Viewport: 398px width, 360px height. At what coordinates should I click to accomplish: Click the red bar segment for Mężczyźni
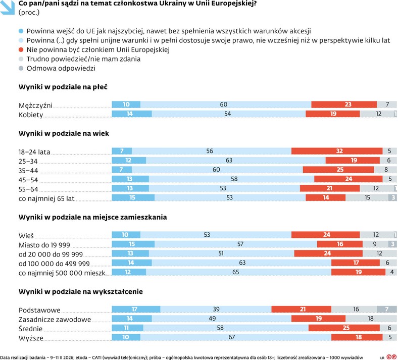tap(344, 105)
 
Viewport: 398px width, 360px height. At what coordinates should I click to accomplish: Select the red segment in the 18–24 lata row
tap(339, 151)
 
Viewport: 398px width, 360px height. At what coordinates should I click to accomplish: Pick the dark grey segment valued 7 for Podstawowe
tap(386, 310)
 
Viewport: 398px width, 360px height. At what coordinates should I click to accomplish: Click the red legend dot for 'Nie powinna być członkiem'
tap(21, 49)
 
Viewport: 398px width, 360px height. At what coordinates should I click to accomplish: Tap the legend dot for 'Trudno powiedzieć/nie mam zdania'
tap(21, 59)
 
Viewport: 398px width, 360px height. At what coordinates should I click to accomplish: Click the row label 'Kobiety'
tap(31, 115)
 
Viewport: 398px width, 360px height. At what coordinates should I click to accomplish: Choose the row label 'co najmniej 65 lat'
tap(46, 198)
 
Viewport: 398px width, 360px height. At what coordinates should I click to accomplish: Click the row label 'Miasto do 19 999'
tap(44, 244)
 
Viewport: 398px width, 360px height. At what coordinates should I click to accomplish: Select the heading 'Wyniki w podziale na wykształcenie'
tap(80, 291)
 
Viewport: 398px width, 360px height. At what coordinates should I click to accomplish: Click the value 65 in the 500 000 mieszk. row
tap(238, 273)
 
